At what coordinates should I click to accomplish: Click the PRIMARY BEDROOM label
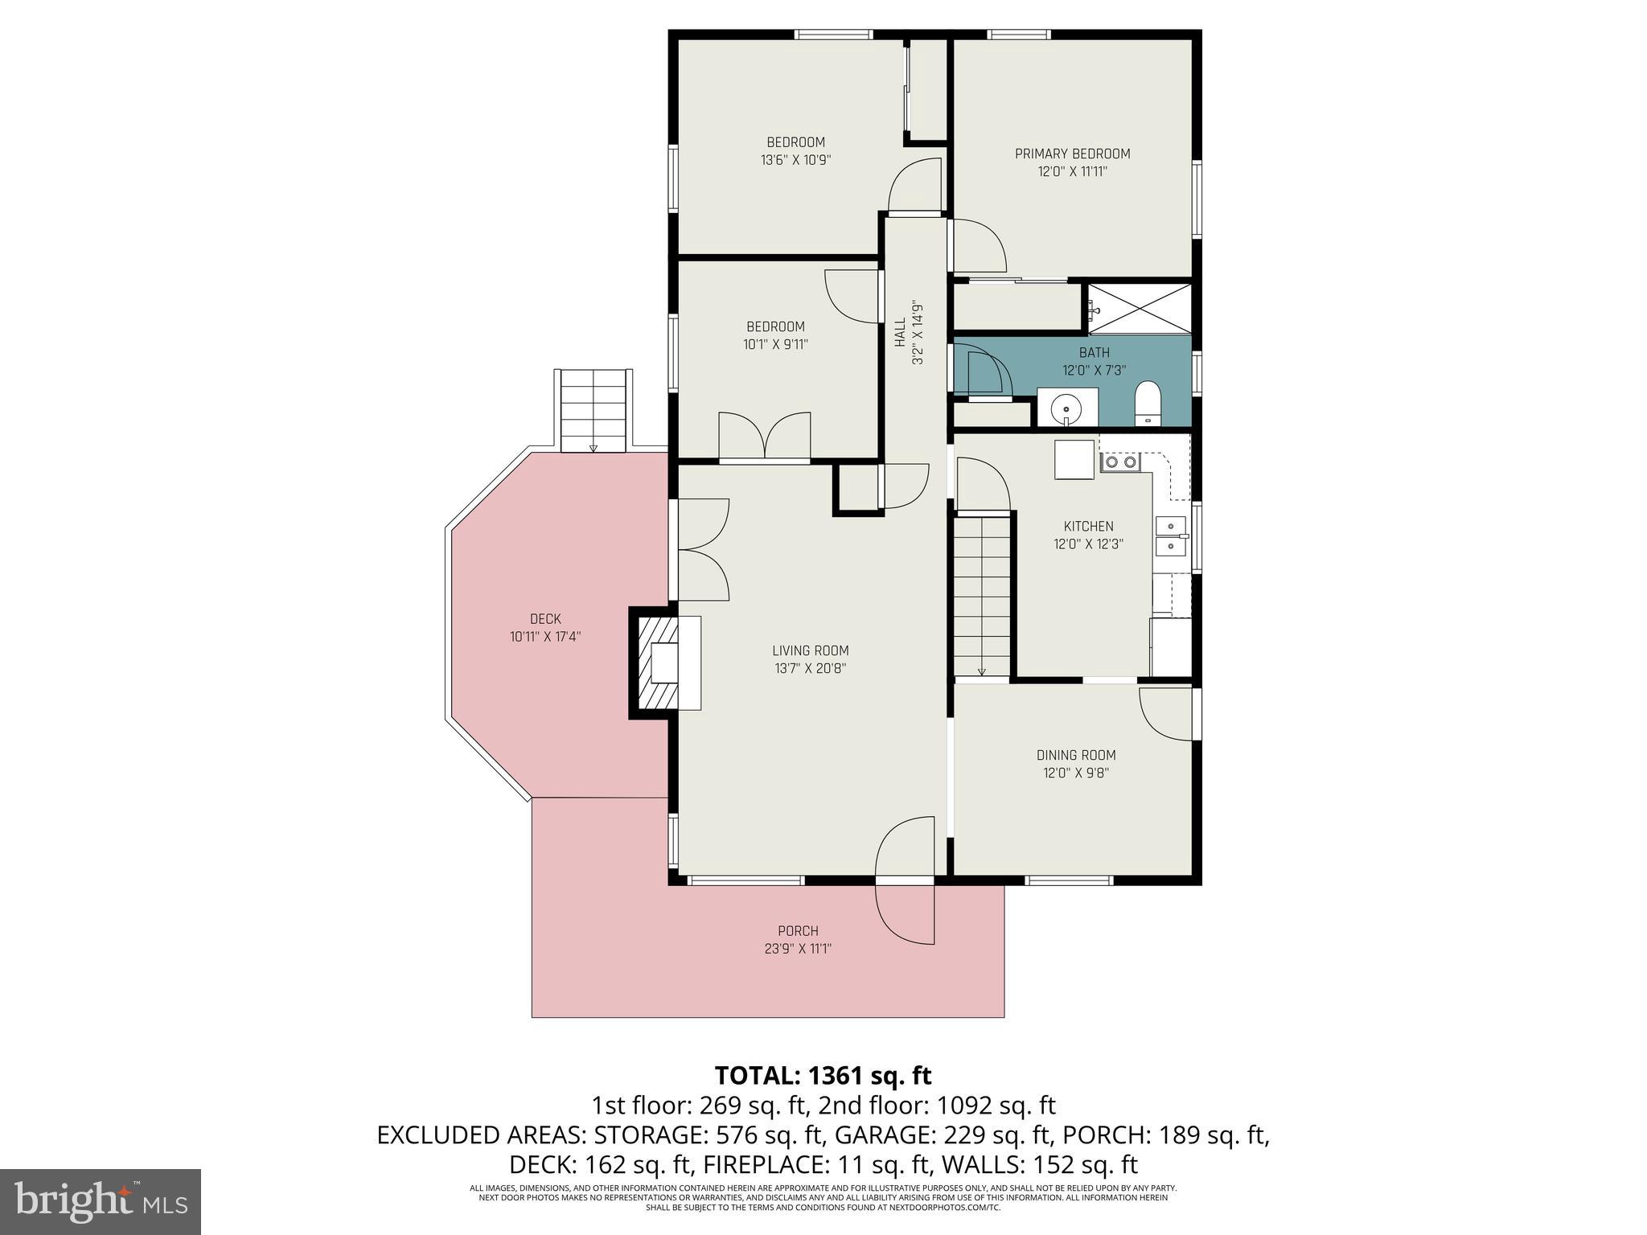(1072, 154)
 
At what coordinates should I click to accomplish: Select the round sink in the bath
(1066, 406)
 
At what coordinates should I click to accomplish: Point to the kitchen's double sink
(1170, 536)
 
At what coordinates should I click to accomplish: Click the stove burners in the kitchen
(1120, 462)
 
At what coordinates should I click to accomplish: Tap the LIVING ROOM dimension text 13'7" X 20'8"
(810, 668)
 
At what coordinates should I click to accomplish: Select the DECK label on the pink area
(545, 619)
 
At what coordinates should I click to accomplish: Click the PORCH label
(798, 931)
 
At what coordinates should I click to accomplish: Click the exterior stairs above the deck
(593, 411)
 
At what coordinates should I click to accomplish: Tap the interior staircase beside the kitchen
(982, 596)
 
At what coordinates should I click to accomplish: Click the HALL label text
(900, 332)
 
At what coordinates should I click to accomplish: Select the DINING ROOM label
(1076, 755)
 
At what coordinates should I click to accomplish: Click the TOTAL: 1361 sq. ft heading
(823, 1075)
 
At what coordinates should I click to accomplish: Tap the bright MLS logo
(101, 1201)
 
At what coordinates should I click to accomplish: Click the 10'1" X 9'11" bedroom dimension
(775, 345)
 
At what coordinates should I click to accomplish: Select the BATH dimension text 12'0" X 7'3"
(1094, 371)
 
